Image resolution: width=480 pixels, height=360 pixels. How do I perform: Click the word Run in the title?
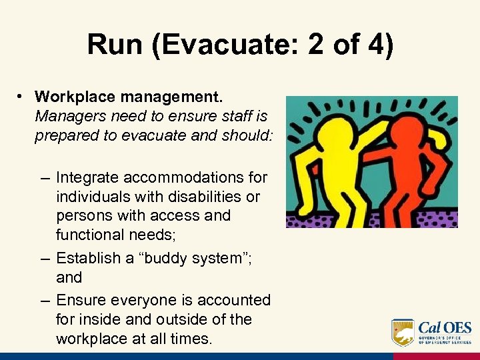coord(114,45)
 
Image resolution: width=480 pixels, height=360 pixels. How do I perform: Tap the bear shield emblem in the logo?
coord(402,331)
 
